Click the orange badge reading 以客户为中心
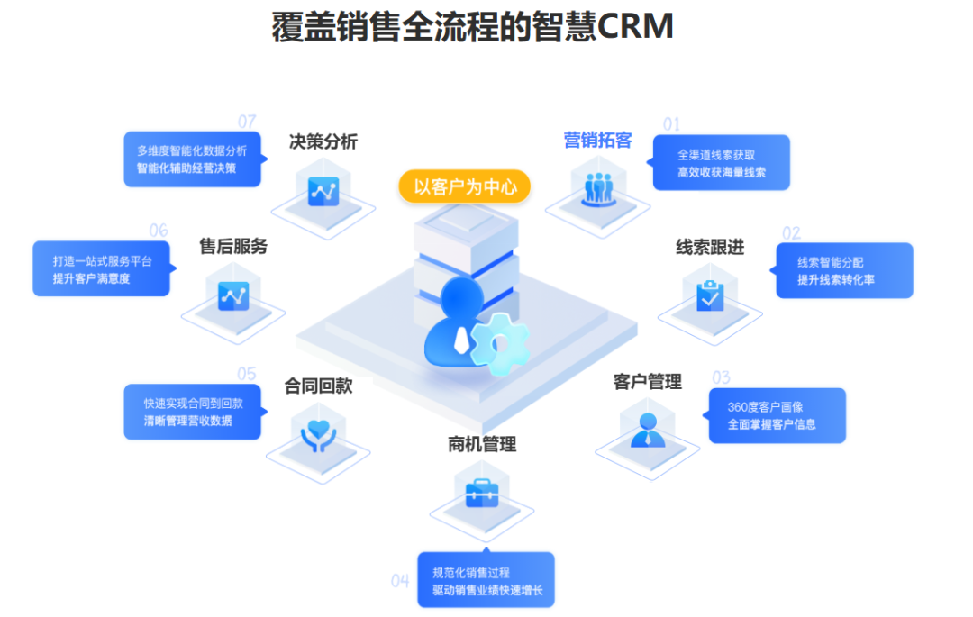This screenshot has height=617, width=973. pyautogui.click(x=465, y=187)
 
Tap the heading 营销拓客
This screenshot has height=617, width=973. pyautogui.click(x=597, y=141)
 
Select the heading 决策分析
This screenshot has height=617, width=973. pyautogui.click(x=323, y=141)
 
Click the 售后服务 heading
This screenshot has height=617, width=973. pyautogui.click(x=233, y=246)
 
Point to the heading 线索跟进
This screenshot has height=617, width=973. pyautogui.click(x=710, y=247)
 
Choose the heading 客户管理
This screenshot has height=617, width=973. pyautogui.click(x=647, y=382)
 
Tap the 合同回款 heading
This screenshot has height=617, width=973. pyautogui.click(x=318, y=386)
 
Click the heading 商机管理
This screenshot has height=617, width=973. pyautogui.click(x=482, y=444)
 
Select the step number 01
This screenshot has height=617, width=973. pyautogui.click(x=671, y=124)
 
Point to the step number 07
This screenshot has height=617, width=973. pyautogui.click(x=247, y=122)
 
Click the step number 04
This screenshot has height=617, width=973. pyautogui.click(x=400, y=581)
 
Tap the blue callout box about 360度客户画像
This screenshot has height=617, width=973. pyautogui.click(x=777, y=415)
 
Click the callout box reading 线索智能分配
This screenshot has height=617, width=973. pyautogui.click(x=844, y=270)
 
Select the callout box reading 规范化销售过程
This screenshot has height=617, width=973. pyautogui.click(x=486, y=579)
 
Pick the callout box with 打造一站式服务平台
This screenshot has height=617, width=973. pyautogui.click(x=101, y=268)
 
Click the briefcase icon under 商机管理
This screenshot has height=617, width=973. pyautogui.click(x=481, y=493)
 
